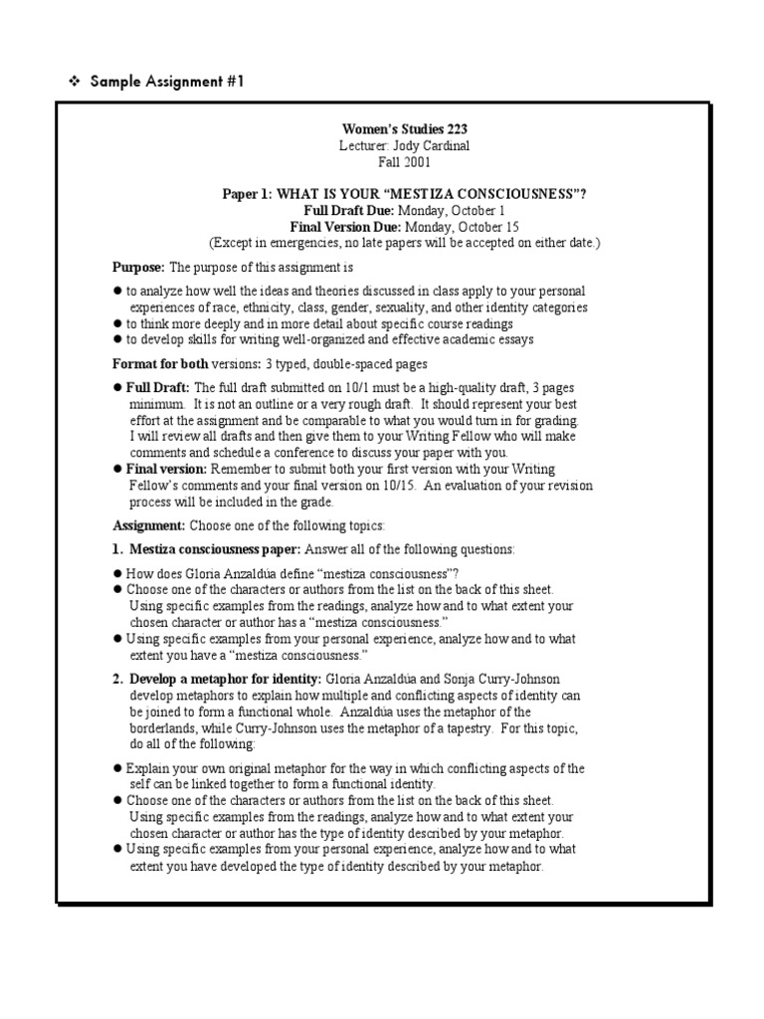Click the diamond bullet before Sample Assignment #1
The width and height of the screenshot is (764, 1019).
pyautogui.click(x=73, y=81)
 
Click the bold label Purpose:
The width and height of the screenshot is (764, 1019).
pyautogui.click(x=138, y=268)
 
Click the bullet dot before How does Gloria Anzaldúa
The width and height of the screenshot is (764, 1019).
pyautogui.click(x=117, y=573)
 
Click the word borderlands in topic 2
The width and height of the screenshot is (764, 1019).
pyautogui.click(x=160, y=727)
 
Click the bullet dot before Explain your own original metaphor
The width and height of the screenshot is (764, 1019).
pyautogui.click(x=117, y=768)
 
